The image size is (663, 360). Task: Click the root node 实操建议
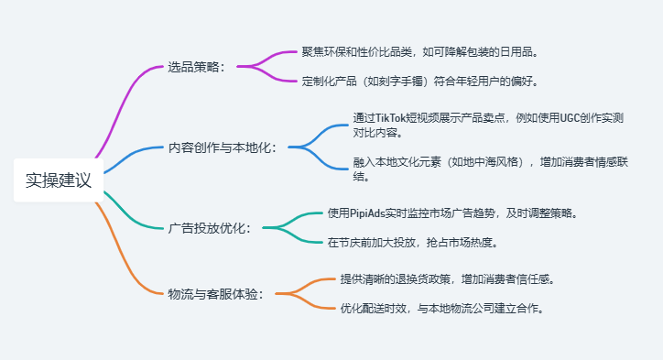(59, 180)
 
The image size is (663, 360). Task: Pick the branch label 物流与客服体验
(216, 294)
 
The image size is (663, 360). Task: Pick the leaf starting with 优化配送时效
(443, 308)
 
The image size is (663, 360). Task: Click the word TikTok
(395, 118)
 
